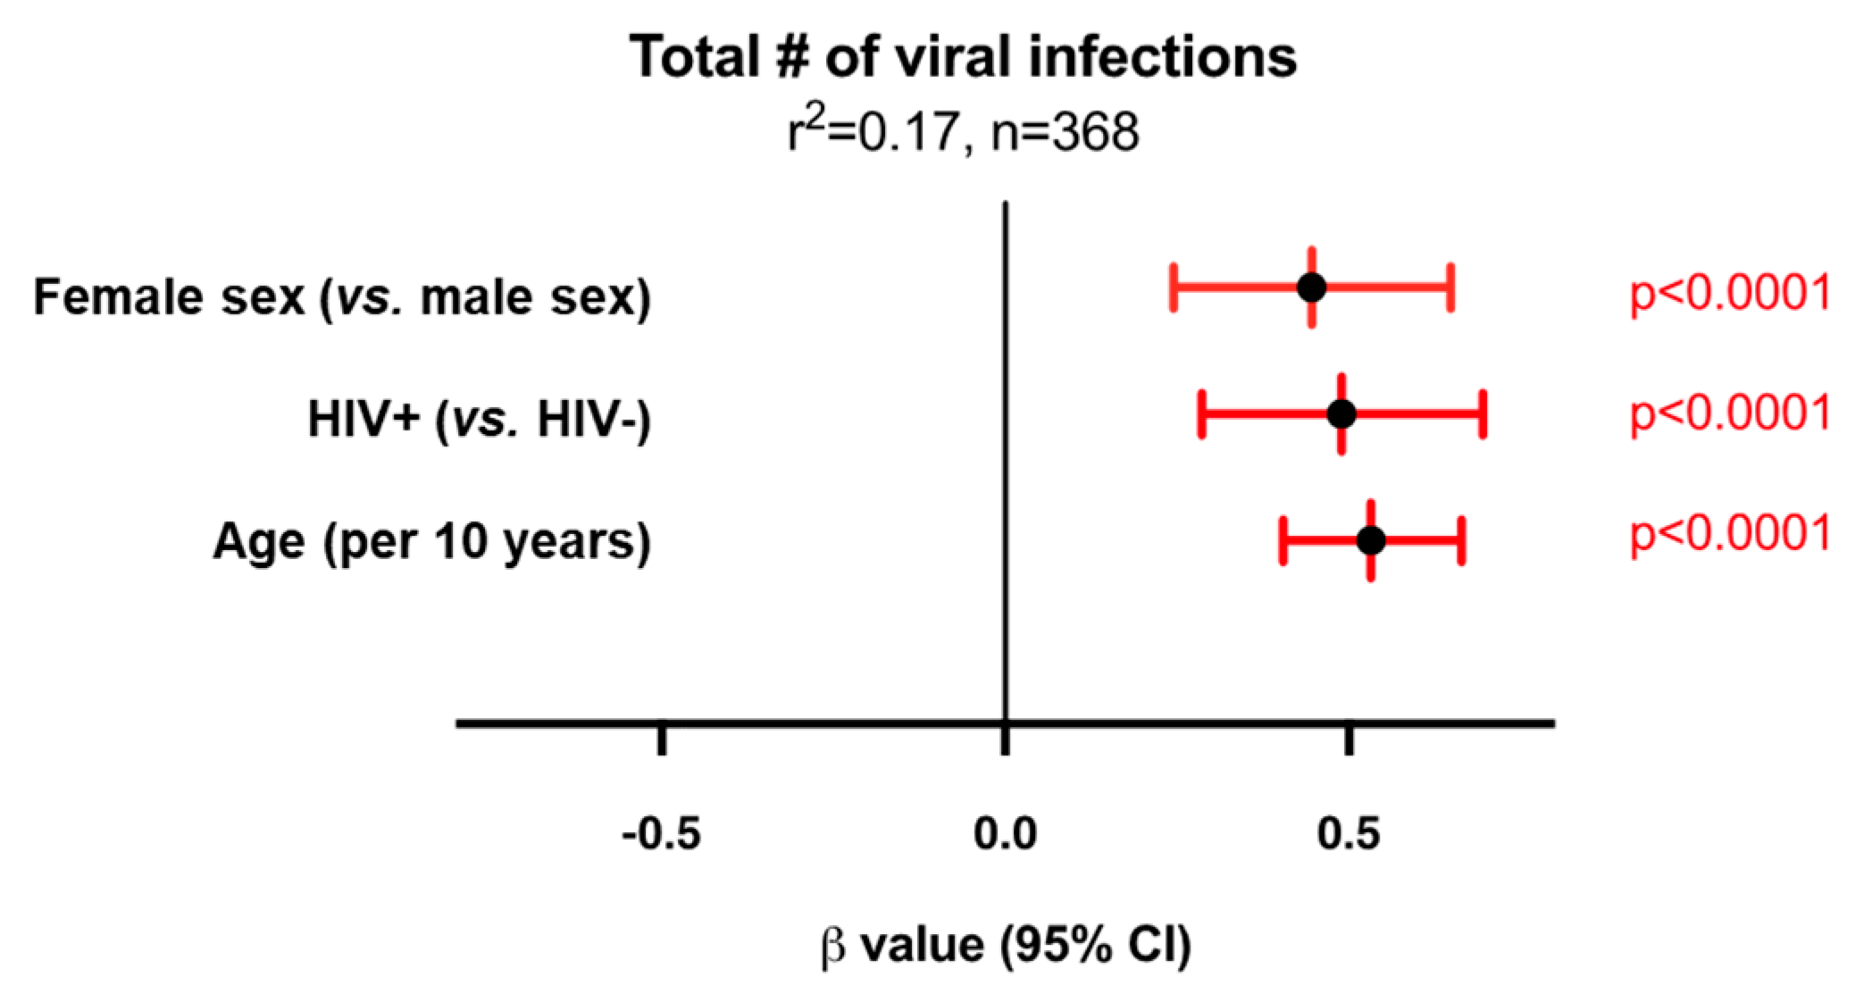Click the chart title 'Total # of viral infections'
(963, 57)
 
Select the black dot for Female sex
(1311, 288)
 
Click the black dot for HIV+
(1341, 414)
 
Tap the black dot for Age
(1371, 540)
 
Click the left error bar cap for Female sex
(1174, 288)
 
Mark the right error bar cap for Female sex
(1451, 288)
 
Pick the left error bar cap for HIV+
(1202, 414)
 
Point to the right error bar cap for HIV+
(1483, 414)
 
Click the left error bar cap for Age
(1282, 540)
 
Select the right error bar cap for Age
(1462, 540)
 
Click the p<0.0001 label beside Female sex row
(1730, 293)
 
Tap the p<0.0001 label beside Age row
(1730, 534)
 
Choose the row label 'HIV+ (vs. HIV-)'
(480, 419)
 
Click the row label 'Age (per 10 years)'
(432, 541)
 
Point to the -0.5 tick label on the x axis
(661, 834)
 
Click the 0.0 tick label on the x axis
(1005, 834)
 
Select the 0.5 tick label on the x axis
(1349, 834)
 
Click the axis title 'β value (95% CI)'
(1006, 945)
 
